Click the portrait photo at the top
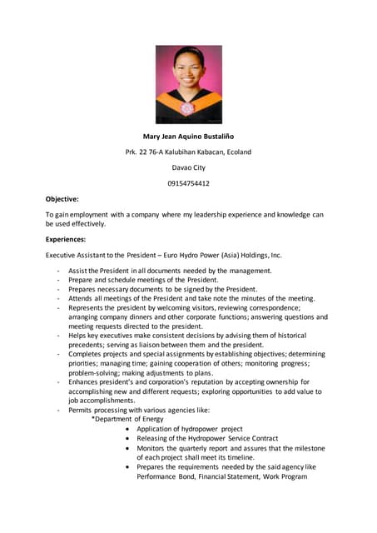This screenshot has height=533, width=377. [x=188, y=84]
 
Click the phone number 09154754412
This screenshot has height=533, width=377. [x=188, y=183]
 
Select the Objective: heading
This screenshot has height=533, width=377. [x=62, y=199]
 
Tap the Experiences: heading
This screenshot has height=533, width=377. [x=66, y=239]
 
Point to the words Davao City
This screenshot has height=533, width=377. [x=188, y=167]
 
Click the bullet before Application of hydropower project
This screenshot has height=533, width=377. [x=127, y=429]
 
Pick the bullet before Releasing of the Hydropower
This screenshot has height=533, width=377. [x=127, y=438]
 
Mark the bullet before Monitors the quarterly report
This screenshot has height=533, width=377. [x=127, y=448]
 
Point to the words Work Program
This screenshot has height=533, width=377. [x=295, y=477]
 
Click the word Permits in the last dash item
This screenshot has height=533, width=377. [x=82, y=410]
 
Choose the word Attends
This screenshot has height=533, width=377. [x=82, y=298]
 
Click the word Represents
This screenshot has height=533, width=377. [x=88, y=307]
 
